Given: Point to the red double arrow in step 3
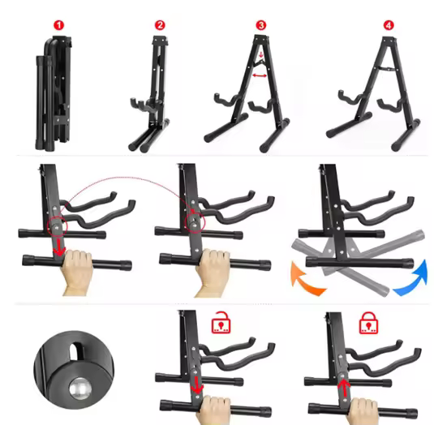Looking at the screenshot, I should (x=260, y=75).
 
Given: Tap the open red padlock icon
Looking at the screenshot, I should (x=218, y=324).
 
